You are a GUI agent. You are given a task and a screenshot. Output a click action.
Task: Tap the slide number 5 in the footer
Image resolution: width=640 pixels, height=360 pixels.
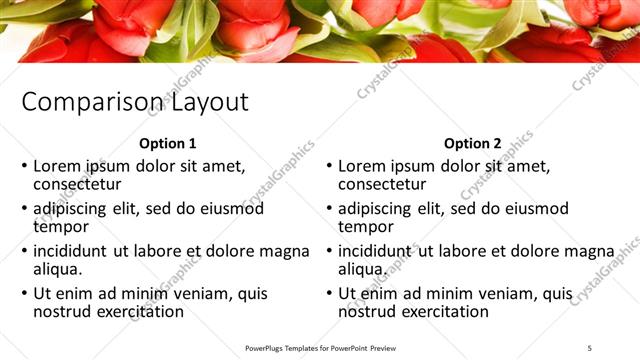click(x=587, y=347)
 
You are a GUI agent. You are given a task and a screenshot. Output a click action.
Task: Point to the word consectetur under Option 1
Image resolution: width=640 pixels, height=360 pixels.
click(x=77, y=184)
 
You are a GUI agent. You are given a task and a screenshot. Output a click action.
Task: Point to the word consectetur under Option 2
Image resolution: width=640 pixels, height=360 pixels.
click(x=382, y=184)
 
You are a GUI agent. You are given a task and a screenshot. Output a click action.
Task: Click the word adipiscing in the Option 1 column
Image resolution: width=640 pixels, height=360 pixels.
click(x=72, y=209)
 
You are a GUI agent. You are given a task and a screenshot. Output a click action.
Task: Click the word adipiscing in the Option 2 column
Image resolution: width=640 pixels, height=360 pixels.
click(x=377, y=209)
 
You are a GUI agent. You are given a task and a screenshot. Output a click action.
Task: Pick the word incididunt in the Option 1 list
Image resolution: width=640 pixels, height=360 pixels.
click(x=72, y=251)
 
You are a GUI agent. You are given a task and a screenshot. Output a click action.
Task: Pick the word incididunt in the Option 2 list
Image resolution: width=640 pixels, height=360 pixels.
click(x=377, y=251)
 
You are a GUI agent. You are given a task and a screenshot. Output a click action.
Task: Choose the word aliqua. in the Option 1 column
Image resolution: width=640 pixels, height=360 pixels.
click(x=58, y=269)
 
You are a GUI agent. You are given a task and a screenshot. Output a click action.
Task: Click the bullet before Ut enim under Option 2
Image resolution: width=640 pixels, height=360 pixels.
click(x=329, y=293)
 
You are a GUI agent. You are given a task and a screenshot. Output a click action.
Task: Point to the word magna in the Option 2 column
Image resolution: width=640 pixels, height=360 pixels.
click(x=589, y=251)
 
